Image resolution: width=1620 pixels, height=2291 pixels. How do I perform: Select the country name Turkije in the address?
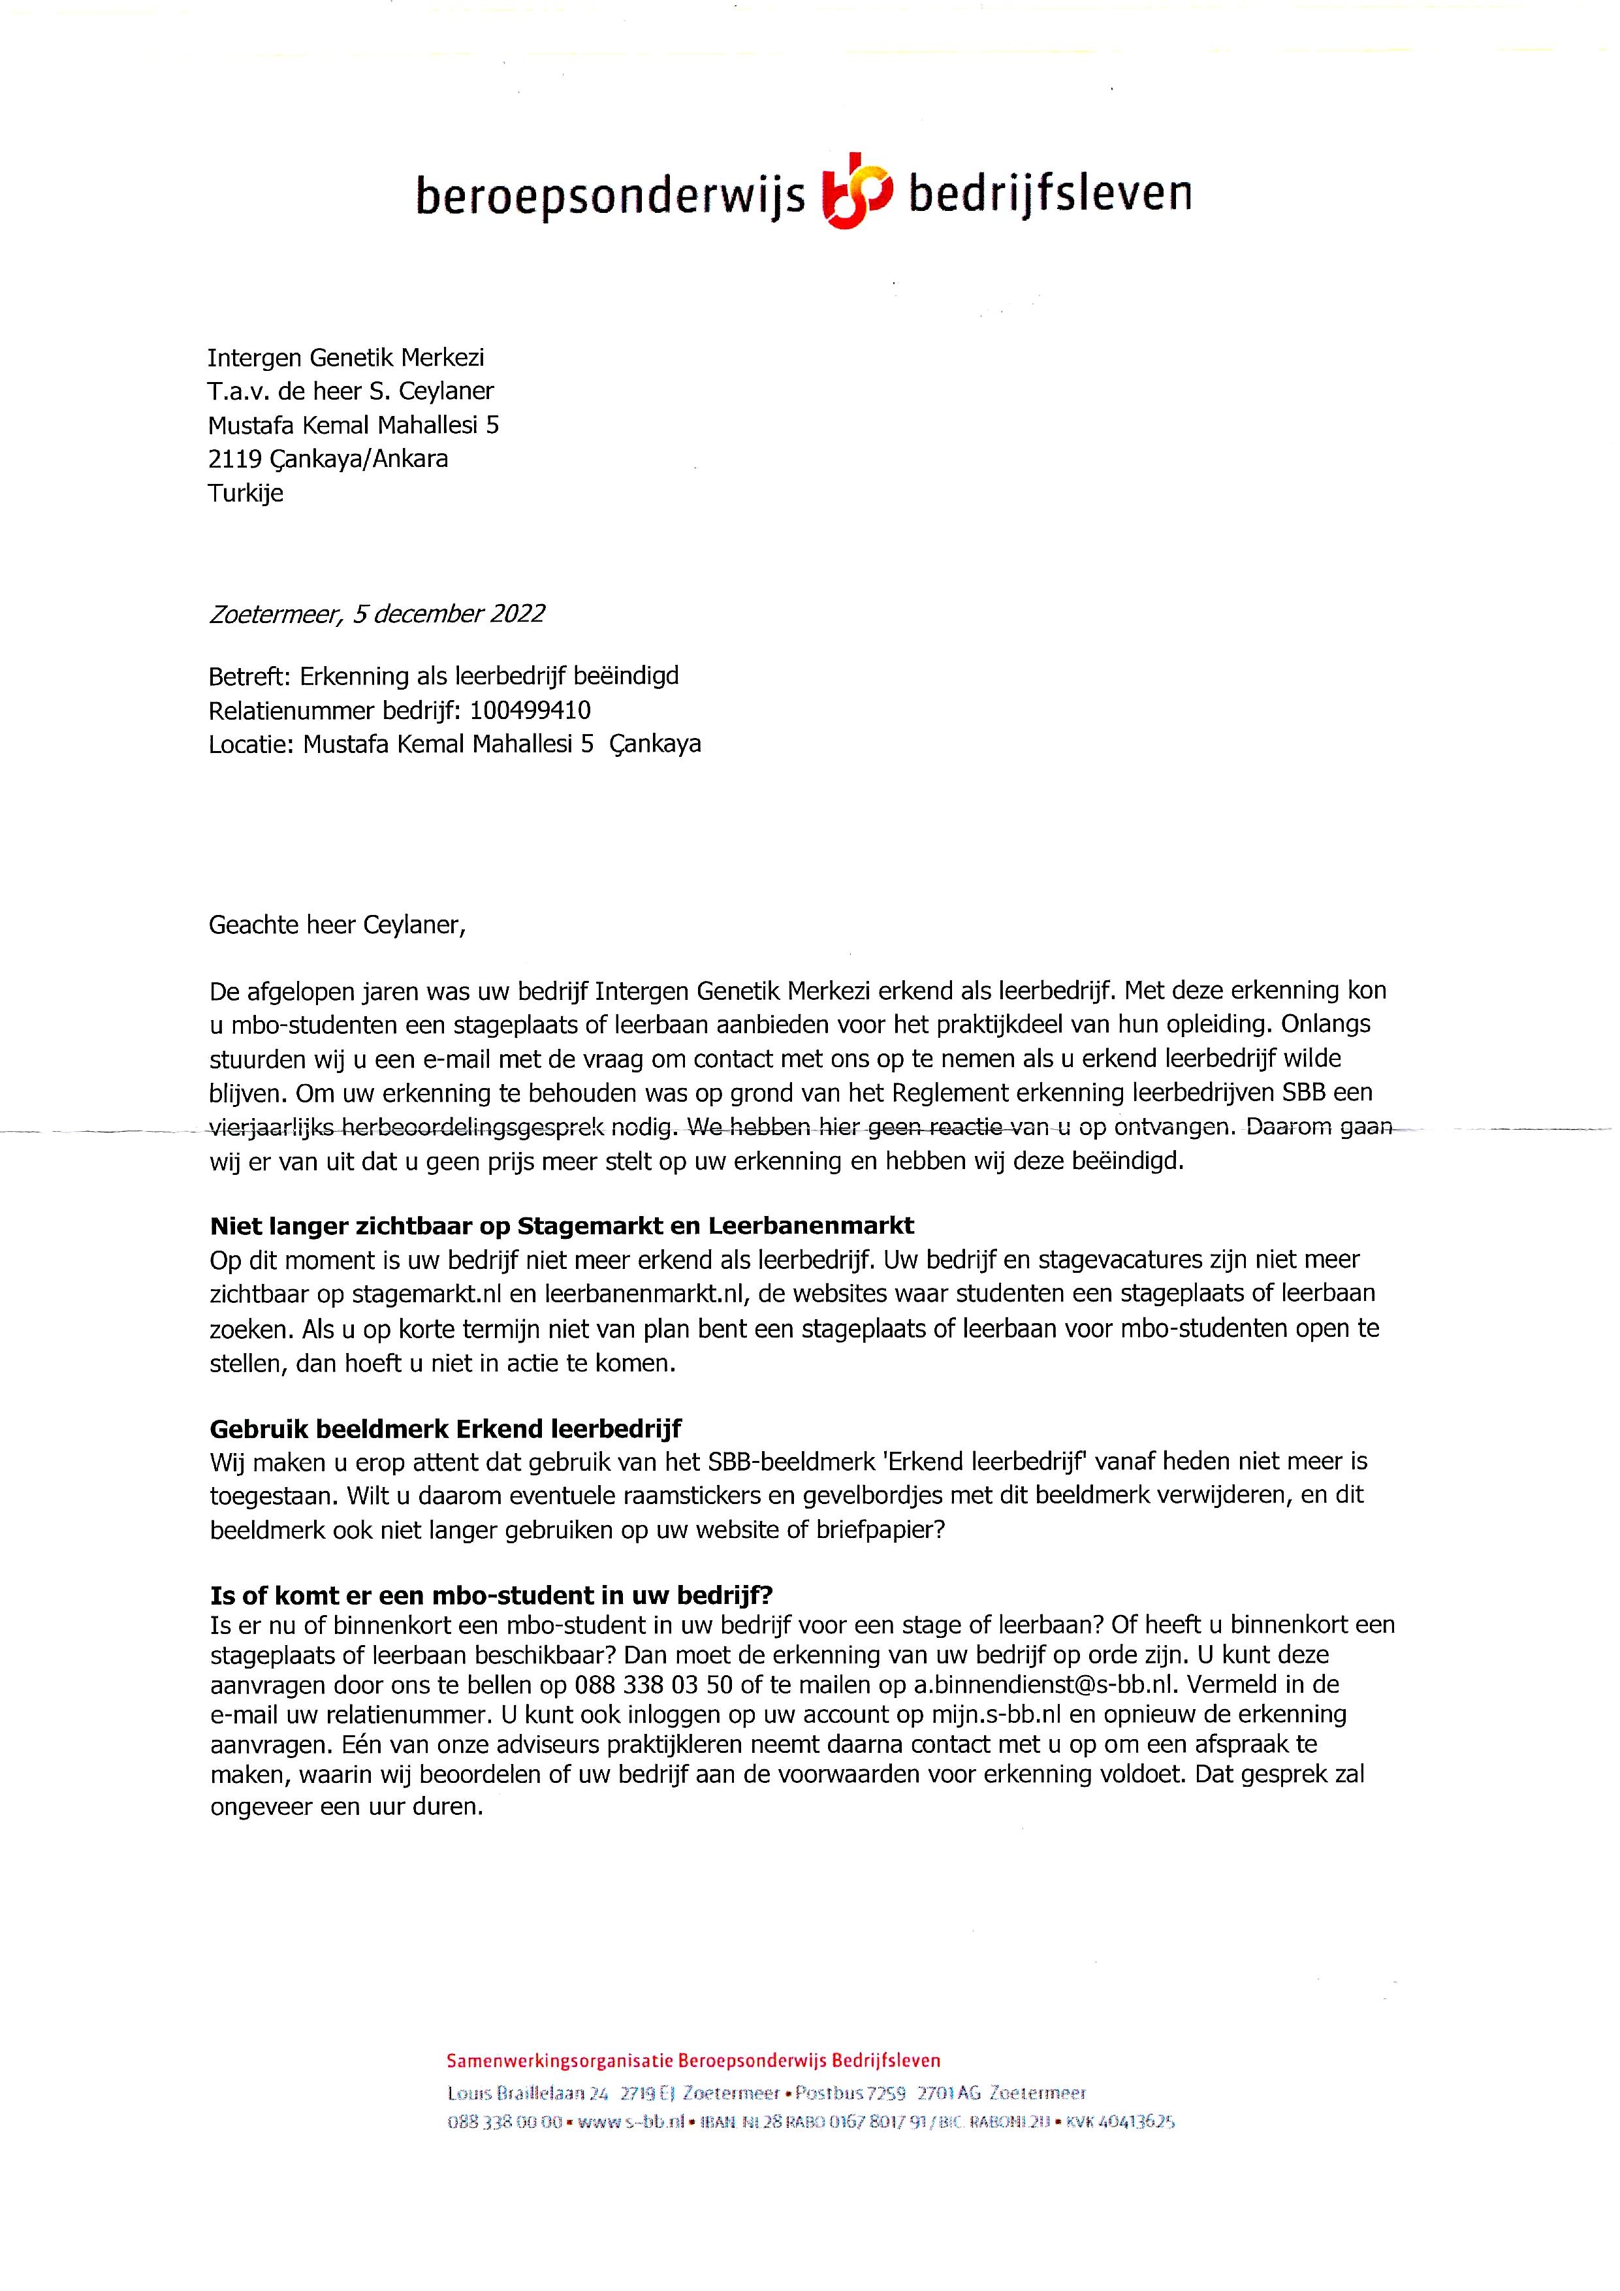(246, 493)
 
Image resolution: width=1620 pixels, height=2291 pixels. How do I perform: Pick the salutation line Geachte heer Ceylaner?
(337, 925)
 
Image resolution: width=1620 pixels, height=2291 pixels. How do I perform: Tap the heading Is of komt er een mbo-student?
(491, 1595)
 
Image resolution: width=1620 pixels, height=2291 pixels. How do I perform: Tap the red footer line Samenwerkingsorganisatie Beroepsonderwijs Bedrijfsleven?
(693, 2060)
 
